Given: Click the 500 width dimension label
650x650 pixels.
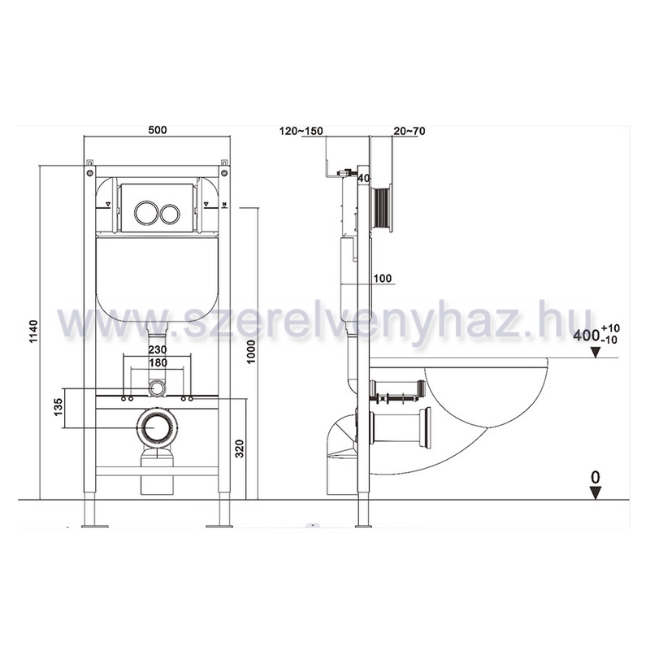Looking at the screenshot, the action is (x=158, y=130).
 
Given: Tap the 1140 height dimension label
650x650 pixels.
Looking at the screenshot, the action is (x=33, y=331).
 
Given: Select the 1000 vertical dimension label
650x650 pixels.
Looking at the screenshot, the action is (x=251, y=352).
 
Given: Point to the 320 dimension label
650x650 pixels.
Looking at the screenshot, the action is (x=239, y=448).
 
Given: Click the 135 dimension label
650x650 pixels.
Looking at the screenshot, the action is (x=58, y=407).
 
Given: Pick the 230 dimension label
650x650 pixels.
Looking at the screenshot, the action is (x=158, y=349).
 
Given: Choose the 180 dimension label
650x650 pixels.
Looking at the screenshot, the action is (x=158, y=362).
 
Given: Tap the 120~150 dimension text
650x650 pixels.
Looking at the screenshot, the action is (x=301, y=131).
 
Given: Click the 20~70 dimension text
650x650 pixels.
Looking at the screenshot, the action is (x=409, y=131).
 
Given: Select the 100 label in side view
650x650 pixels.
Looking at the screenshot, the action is (x=382, y=278).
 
